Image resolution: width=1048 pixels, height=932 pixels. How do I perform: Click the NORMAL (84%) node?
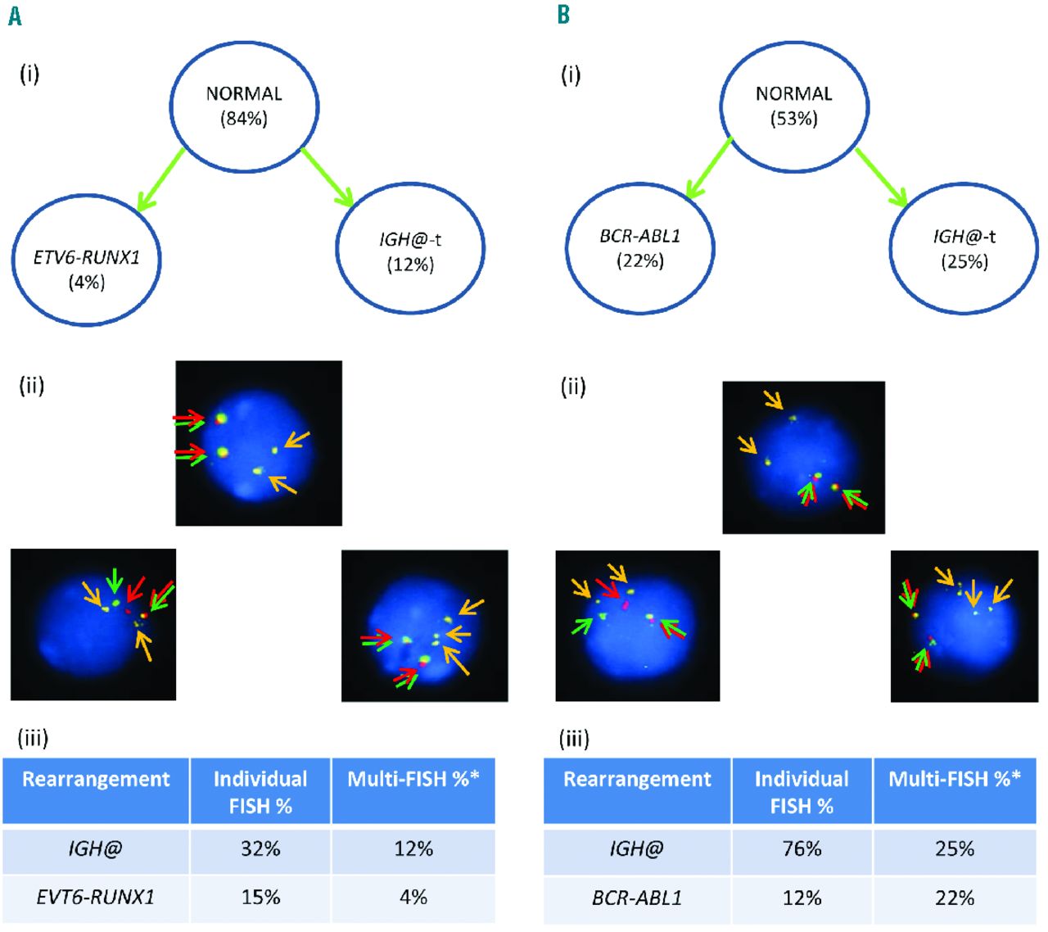click(244, 106)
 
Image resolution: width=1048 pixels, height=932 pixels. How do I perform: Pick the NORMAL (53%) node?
click(793, 106)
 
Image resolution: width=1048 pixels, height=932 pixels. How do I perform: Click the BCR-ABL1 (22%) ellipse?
click(639, 247)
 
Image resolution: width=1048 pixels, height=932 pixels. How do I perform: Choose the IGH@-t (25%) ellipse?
click(964, 247)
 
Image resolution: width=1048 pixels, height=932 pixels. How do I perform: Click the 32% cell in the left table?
click(260, 848)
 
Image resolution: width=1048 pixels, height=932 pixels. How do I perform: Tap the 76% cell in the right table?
click(802, 848)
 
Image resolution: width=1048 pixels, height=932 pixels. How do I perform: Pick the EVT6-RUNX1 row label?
click(95, 897)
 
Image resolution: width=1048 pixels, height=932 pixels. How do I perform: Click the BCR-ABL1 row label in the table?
click(636, 898)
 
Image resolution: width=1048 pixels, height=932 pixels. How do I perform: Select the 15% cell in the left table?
click(260, 897)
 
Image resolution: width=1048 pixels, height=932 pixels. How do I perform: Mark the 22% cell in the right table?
click(955, 898)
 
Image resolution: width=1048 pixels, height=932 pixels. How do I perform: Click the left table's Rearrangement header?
click(96, 779)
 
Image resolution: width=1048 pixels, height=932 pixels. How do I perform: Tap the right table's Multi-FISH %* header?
click(955, 779)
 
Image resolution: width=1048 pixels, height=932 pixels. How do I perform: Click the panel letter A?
click(14, 16)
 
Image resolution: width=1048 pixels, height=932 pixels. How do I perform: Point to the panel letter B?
click(563, 16)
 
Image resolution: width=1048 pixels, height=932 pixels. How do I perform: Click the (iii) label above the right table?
click(574, 740)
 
